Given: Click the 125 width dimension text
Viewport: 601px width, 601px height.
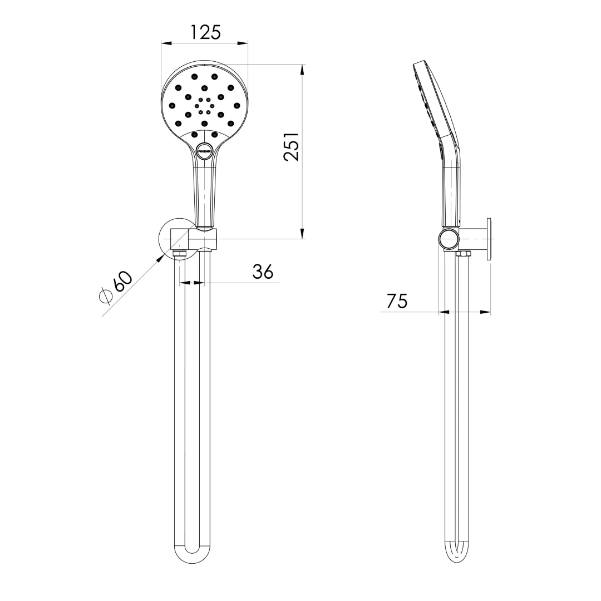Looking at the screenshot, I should pyautogui.click(x=205, y=32).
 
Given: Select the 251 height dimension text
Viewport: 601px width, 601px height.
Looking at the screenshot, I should pyautogui.click(x=292, y=147).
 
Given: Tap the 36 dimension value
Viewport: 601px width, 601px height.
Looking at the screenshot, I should pyautogui.click(x=263, y=271).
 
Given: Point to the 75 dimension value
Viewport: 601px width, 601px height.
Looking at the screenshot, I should pyautogui.click(x=397, y=301).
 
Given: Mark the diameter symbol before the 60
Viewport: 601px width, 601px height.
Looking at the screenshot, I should pyautogui.click(x=106, y=296).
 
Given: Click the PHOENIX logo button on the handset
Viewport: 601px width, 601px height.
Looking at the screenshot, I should pyautogui.click(x=204, y=151).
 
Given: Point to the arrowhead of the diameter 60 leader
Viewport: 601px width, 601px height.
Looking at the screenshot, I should pyautogui.click(x=162, y=257).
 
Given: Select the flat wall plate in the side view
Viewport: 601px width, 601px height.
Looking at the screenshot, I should pyautogui.click(x=489, y=239).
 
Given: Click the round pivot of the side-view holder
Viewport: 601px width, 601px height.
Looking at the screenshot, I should pyautogui.click(x=449, y=239).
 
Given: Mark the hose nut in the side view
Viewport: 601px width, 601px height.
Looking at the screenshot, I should pyautogui.click(x=462, y=254).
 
